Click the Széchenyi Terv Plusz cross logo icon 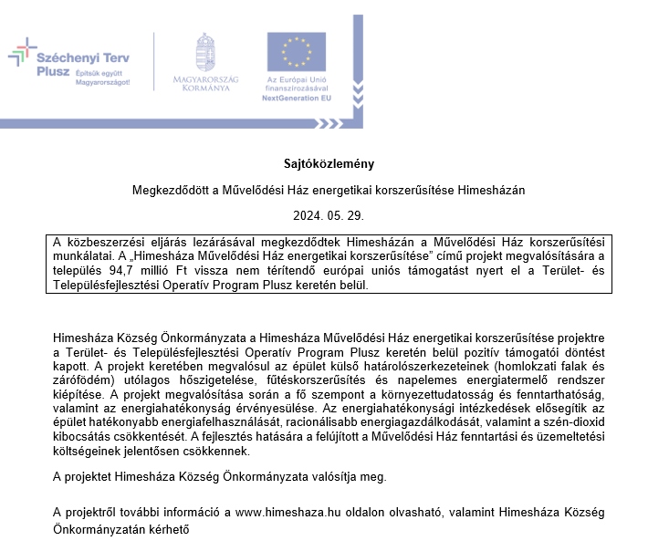[x=22, y=56]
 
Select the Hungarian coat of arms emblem [x=205, y=51]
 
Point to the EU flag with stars [x=297, y=52]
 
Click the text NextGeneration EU [x=297, y=96]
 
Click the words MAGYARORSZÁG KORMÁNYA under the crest [x=205, y=85]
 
